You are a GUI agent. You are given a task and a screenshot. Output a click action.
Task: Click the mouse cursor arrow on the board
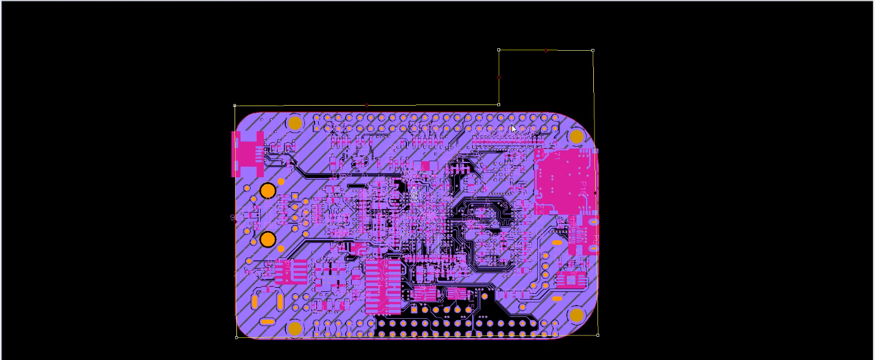pos(513,128)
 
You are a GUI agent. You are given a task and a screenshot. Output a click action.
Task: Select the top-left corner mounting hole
pos(295,123)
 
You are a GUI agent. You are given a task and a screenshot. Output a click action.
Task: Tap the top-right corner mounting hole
pos(577,137)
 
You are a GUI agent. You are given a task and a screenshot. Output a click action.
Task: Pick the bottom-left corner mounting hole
pos(295,328)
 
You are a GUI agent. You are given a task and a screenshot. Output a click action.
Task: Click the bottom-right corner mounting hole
pos(577,315)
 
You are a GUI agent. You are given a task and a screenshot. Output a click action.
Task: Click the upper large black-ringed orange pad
pos(268,191)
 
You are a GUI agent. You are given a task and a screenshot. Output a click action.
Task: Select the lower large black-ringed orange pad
pos(268,239)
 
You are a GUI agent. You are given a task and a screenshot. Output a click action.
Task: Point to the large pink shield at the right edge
pos(565,181)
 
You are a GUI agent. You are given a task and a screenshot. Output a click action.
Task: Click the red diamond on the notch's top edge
pos(546,51)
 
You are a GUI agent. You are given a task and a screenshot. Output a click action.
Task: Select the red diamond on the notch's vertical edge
pos(499,78)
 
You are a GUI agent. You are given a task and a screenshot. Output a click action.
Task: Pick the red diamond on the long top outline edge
pos(367,106)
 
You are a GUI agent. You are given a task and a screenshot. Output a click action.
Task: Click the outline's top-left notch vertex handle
pos(499,50)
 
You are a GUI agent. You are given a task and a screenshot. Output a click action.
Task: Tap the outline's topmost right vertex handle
pos(593,51)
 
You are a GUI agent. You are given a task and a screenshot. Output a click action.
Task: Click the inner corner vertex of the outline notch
pos(499,104)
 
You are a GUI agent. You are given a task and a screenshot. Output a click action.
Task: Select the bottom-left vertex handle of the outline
pos(236,337)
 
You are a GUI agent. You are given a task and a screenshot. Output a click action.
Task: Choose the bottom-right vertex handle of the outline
pos(598,335)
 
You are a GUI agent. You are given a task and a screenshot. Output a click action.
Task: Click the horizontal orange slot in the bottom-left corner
pos(268,322)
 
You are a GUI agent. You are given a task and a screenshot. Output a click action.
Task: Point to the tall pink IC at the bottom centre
pos(383,287)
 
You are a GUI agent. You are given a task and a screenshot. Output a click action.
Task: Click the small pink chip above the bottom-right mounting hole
pos(572,279)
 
